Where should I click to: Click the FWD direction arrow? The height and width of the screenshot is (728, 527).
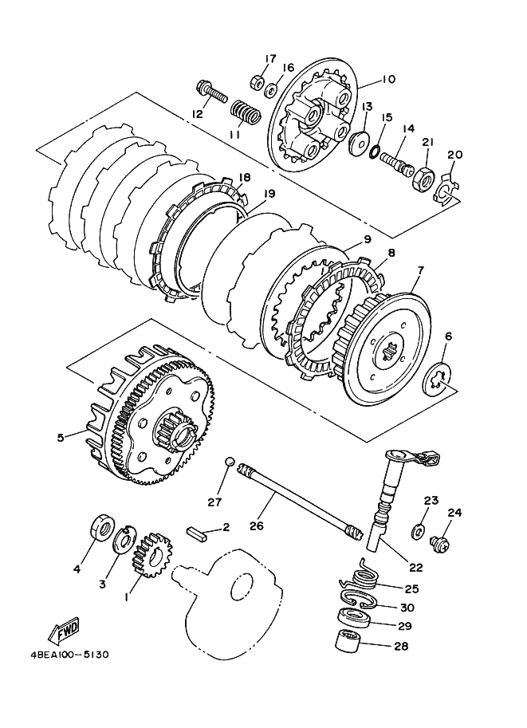pyautogui.click(x=64, y=631)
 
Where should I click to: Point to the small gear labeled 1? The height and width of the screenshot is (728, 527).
pyautogui.click(x=151, y=555)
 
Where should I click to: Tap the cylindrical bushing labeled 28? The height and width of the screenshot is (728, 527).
pyautogui.click(x=348, y=642)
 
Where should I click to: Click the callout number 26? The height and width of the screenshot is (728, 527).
pyautogui.click(x=256, y=525)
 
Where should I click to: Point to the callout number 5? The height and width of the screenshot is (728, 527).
pyautogui.click(x=61, y=437)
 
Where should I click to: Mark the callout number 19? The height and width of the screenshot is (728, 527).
pyautogui.click(x=269, y=193)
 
